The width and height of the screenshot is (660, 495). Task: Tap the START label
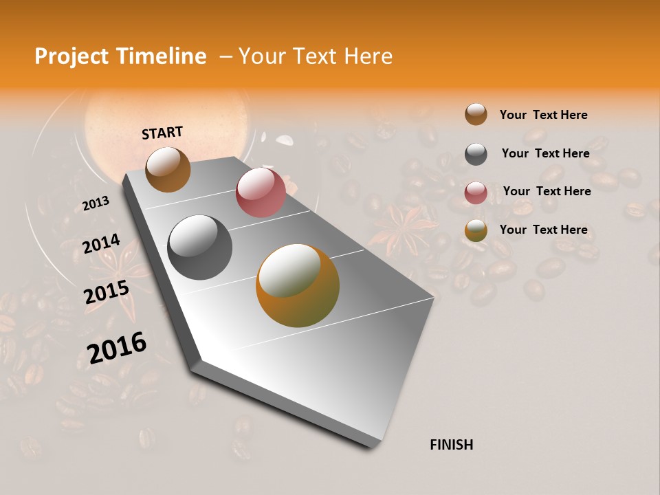162,133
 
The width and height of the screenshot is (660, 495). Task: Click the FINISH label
451,445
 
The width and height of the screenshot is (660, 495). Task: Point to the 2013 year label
96,203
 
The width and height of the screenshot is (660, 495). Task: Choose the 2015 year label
107,292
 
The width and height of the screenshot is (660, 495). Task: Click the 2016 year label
117,347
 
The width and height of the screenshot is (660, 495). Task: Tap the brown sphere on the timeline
168,169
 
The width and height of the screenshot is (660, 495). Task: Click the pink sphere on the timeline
261,192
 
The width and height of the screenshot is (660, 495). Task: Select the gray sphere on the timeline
199,247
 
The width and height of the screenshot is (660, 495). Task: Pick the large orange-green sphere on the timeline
298,285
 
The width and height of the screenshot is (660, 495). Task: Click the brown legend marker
476,114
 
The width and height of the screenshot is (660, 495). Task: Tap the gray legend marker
476,153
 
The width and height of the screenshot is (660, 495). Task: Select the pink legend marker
476,192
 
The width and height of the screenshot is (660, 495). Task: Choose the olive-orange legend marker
476,230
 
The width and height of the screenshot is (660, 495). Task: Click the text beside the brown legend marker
543,115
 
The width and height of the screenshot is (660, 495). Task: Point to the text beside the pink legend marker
547,191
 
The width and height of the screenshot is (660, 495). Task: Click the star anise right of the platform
406,226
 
